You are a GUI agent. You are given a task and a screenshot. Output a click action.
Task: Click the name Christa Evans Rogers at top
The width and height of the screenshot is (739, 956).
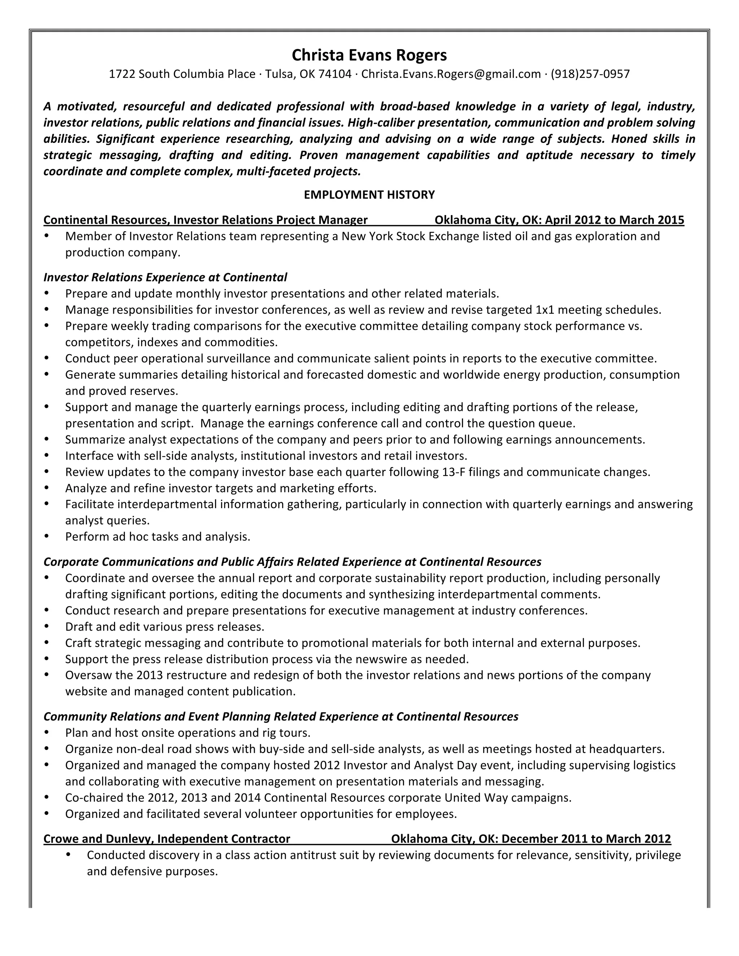click(x=369, y=55)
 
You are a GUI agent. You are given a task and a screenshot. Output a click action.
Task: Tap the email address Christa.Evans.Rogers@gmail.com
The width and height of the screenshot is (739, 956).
click(x=451, y=74)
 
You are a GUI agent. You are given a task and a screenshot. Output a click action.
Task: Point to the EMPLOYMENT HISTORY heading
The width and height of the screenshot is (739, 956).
click(x=369, y=195)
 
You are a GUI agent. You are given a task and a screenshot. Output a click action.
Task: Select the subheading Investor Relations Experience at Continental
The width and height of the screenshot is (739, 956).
click(x=165, y=277)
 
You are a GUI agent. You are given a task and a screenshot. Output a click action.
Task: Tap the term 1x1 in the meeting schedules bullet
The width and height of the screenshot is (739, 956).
click(x=545, y=310)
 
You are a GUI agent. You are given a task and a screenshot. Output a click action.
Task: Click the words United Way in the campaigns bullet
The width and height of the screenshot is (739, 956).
click(x=476, y=798)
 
